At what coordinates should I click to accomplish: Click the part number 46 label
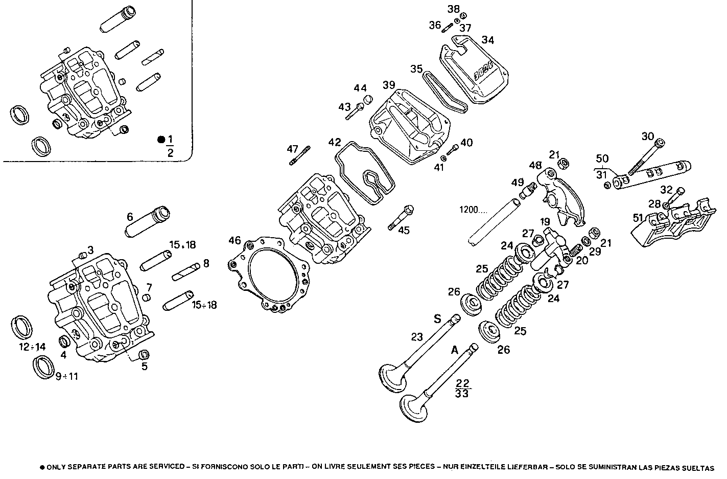click(234, 240)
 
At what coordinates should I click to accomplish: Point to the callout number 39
click(389, 85)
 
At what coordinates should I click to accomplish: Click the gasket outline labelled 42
click(364, 171)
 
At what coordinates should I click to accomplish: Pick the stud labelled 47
click(300, 156)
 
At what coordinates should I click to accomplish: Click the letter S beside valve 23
click(437, 320)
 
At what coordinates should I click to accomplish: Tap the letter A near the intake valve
click(454, 350)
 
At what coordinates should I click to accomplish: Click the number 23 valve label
click(417, 336)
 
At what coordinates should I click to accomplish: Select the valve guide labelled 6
click(148, 222)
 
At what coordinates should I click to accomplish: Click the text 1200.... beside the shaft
click(474, 210)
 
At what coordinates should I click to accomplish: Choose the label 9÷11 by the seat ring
click(67, 376)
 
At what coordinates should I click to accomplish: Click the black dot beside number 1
click(161, 139)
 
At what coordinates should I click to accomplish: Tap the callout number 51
click(638, 218)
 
